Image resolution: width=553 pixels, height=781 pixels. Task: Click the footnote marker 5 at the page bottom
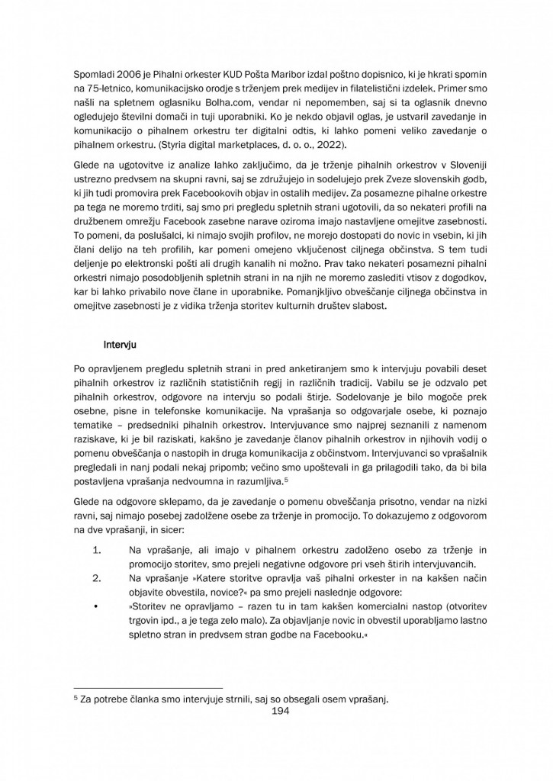click(75, 698)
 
